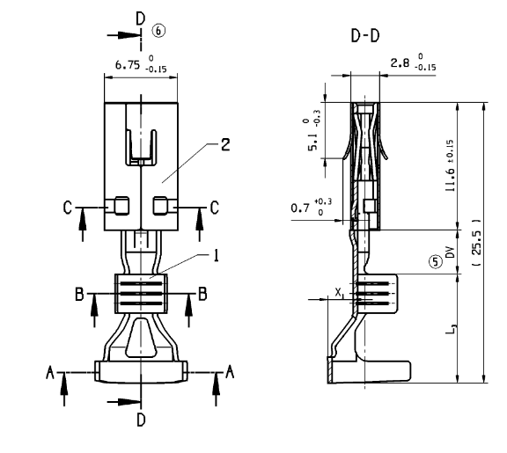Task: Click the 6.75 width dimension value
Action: coord(128,65)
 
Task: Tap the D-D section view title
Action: coord(365,35)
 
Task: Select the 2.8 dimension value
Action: coord(400,63)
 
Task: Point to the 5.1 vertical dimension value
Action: coord(312,143)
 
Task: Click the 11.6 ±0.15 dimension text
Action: coord(450,165)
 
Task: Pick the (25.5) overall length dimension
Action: coord(476,243)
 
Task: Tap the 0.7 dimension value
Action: coord(300,208)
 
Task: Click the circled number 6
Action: coord(158,31)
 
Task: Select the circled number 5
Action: coord(435,262)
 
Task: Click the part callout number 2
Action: coord(225,144)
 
